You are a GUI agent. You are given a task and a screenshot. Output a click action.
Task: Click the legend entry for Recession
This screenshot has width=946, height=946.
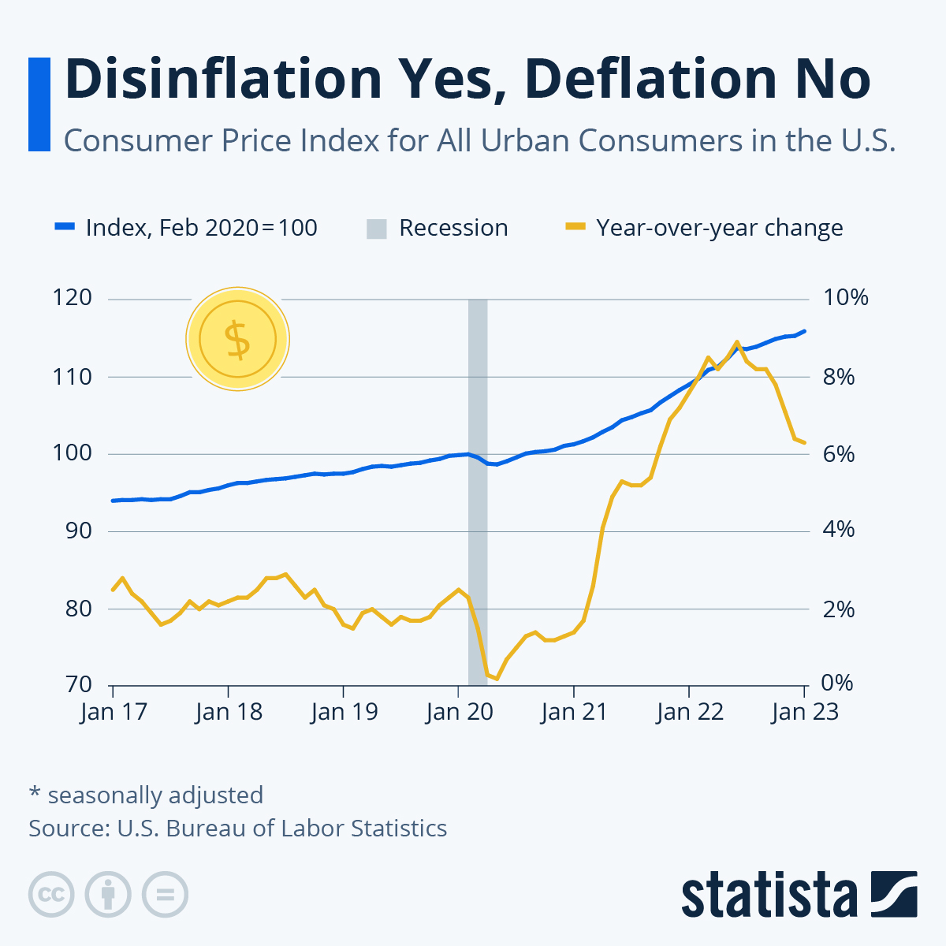coord(438,228)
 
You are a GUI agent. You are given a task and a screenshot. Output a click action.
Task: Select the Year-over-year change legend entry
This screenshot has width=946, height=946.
coord(704,228)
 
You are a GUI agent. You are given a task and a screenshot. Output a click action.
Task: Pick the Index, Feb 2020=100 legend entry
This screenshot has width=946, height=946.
coord(186,228)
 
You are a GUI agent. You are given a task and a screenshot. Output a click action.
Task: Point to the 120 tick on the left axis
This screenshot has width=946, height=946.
coord(73,298)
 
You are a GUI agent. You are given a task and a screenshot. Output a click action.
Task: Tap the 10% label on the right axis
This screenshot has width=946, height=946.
coord(845,298)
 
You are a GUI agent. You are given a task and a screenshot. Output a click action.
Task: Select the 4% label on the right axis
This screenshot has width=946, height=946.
coord(839,530)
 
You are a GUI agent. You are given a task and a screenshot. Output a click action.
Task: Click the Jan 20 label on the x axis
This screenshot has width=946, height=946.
coord(459,712)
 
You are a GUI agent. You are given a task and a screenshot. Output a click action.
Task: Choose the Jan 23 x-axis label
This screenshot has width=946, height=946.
coord(805,712)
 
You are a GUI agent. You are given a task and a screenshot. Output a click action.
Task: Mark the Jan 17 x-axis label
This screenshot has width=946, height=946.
coord(114,712)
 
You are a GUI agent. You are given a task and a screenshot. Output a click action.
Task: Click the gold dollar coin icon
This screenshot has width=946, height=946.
coord(237,339)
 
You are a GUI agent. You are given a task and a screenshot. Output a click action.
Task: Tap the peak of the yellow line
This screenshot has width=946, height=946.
coord(736,342)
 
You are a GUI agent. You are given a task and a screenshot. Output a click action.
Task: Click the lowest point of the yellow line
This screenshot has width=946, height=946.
coord(497,679)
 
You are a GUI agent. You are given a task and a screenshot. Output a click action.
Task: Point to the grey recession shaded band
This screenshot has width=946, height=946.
coord(478,489)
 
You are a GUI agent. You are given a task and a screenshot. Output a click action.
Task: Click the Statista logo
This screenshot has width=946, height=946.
coord(799,894)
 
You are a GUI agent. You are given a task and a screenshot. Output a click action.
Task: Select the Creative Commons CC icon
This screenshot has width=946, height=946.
coord(51,895)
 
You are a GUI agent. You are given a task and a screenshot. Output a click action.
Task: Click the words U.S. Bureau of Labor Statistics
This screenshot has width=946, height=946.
coord(281,829)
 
